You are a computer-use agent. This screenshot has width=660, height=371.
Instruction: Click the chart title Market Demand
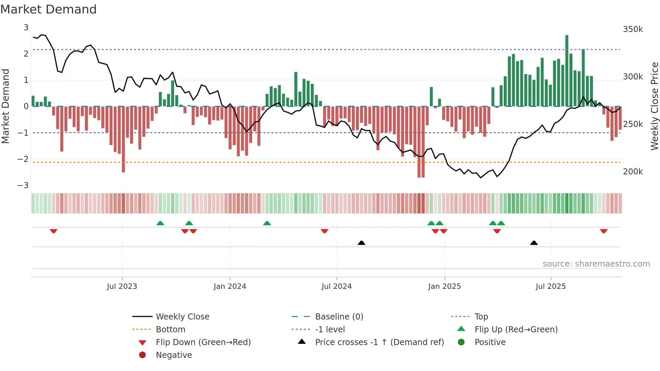pyautogui.click(x=48, y=9)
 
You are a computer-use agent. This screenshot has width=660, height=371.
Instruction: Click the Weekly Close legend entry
pyautogui.click(x=182, y=316)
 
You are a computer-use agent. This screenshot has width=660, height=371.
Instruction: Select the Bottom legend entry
pyautogui.click(x=170, y=329)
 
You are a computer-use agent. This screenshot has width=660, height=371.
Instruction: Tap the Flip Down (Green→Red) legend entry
pyautogui.click(x=203, y=342)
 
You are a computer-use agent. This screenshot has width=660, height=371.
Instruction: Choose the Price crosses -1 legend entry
pyautogui.click(x=379, y=342)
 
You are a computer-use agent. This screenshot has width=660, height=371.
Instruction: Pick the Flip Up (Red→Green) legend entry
pyautogui.click(x=516, y=329)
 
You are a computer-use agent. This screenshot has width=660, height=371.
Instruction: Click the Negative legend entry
pyautogui.click(x=174, y=355)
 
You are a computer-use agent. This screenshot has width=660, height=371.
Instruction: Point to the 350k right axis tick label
pyautogui.click(x=633, y=29)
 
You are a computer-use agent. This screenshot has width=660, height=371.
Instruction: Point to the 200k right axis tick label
pyautogui.click(x=633, y=172)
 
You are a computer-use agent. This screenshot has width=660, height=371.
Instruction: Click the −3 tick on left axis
pyautogui.click(x=23, y=185)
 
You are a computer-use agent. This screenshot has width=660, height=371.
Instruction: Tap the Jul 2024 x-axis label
pyautogui.click(x=336, y=286)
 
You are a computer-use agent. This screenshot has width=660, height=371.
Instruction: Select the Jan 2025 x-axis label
pyautogui.click(x=444, y=286)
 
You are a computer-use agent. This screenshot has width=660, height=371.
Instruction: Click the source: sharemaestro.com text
pyautogui.click(x=596, y=264)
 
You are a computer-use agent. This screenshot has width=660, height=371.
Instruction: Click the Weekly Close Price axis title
pyautogui.click(x=654, y=106)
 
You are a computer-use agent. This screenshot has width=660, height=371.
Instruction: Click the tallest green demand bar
pyautogui.click(x=567, y=71)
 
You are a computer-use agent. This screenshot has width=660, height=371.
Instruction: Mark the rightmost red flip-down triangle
pyautogui.click(x=603, y=231)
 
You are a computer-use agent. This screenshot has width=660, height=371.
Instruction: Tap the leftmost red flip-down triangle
pyautogui.click(x=54, y=231)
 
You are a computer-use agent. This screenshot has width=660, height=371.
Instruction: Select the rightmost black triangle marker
pyautogui.click(x=534, y=243)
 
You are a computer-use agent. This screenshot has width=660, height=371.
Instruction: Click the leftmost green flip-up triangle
pyautogui.click(x=160, y=223)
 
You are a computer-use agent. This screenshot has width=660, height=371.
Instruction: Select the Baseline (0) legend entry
pyautogui.click(x=339, y=316)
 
